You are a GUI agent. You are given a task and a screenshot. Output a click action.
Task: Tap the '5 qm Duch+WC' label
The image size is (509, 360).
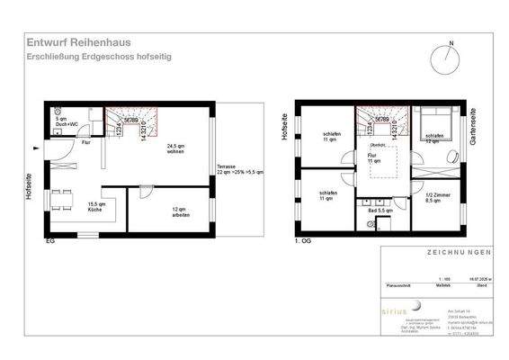(61, 121)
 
